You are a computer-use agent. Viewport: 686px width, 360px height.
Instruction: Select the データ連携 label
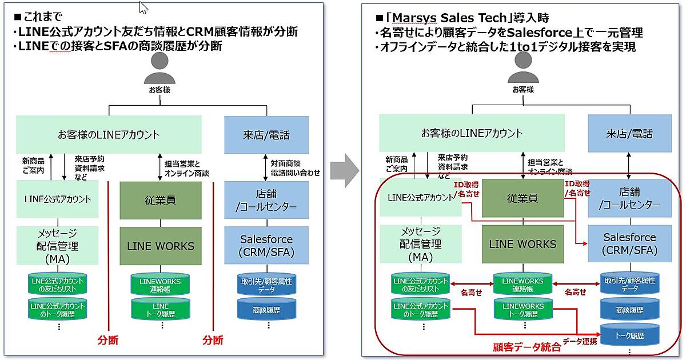[x=580, y=341]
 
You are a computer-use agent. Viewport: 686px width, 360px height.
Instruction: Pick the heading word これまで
[x=42, y=18]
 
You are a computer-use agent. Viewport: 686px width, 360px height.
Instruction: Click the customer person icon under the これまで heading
[x=159, y=70]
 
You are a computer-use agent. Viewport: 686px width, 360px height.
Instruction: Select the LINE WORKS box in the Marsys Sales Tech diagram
[x=522, y=244]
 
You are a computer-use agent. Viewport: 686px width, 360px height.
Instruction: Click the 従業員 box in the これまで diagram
[x=161, y=200]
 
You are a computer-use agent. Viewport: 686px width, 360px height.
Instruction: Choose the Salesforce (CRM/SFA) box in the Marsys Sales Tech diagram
[x=629, y=244]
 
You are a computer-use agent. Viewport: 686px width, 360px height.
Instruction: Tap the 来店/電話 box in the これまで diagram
[x=266, y=135]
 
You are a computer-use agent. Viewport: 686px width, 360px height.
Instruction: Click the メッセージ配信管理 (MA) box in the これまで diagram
[x=57, y=246]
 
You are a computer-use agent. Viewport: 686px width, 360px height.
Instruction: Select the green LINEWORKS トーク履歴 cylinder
[x=522, y=310]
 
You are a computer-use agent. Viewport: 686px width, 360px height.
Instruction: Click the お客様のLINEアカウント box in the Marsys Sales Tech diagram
[x=472, y=134]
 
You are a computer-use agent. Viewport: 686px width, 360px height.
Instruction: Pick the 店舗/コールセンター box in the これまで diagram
[x=266, y=201]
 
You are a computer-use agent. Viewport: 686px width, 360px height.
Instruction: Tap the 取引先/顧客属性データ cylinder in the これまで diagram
[x=266, y=285]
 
